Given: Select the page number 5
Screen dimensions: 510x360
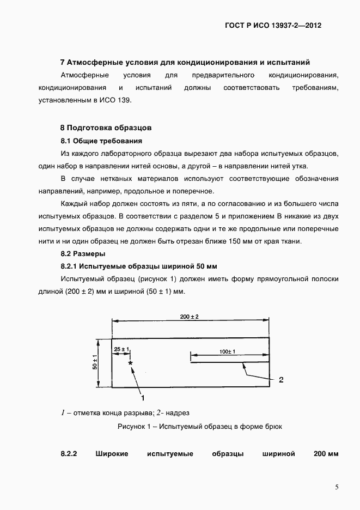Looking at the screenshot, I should (x=337, y=487).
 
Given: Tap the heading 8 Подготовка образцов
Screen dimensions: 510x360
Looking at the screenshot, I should (x=105, y=127).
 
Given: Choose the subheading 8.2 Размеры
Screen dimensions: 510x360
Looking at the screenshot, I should (x=82, y=253).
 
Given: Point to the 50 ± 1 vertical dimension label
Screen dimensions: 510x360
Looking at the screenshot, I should (x=95, y=362).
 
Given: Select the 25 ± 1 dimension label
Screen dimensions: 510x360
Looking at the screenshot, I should (x=120, y=348).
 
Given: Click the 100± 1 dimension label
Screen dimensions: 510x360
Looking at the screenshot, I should (x=227, y=352).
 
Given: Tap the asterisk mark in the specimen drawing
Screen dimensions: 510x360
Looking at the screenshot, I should (x=130, y=362).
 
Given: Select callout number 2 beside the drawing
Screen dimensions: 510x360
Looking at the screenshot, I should (x=280, y=379).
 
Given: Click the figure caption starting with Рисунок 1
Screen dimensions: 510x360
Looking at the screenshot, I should (x=200, y=427).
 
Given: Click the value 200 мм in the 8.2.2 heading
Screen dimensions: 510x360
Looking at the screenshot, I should (x=326, y=453).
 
